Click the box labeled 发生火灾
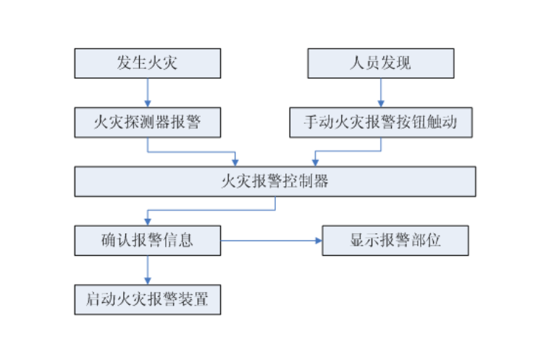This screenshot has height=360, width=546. pos(147,63)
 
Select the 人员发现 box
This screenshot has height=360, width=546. pos(380,63)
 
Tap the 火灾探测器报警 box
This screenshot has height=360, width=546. pos(147,122)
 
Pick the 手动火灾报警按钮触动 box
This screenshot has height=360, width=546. pos(380,122)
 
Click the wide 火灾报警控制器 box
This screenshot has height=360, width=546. pos(274,181)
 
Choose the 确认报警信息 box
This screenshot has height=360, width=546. pos(147,240)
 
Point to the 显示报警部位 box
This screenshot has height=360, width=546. pos(395,240)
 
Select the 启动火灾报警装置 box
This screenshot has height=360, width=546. pos(147,299)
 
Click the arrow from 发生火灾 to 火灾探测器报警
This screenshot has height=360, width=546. pos(147,93)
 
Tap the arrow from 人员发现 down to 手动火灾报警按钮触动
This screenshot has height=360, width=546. pos(380,93)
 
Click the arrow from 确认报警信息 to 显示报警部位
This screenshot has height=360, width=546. pos(271,240)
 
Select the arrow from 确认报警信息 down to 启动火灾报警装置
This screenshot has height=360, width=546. pos(147,269)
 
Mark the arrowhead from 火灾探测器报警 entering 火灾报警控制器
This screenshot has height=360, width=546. pos(235,162)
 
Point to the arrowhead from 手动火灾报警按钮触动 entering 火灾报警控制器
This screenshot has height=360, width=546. pos(315,162)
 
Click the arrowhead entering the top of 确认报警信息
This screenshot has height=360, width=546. pos(147,222)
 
